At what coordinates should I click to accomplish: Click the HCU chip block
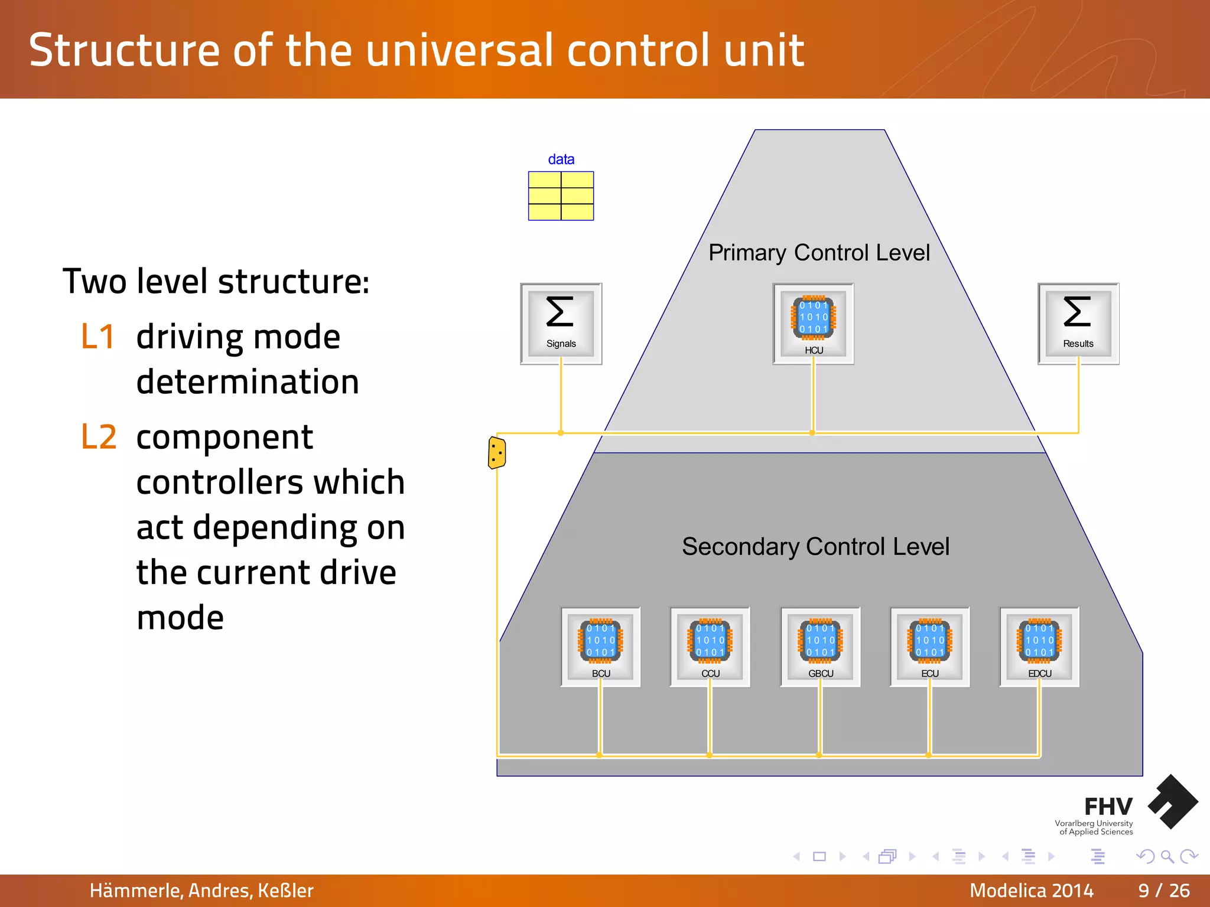[813, 323]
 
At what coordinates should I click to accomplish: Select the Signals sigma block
[561, 323]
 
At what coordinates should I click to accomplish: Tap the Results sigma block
[1078, 323]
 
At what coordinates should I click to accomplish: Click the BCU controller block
[600, 647]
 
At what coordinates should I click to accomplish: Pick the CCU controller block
[710, 647]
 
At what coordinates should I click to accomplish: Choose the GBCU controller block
[820, 647]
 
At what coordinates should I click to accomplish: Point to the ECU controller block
[929, 647]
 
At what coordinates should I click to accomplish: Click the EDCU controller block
[1039, 647]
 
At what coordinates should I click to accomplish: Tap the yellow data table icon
[561, 195]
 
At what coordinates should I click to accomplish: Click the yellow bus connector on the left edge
[496, 453]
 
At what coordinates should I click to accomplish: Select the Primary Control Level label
[819, 253]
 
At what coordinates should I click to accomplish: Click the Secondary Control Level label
[815, 546]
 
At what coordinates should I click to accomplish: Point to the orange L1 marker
[97, 337]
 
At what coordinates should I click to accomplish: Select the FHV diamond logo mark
[1173, 801]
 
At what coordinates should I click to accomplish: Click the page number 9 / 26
[1163, 890]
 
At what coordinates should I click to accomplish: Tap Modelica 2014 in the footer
[1031, 890]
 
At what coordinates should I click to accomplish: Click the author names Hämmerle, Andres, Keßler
[201, 890]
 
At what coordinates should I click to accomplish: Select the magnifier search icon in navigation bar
[1167, 856]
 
